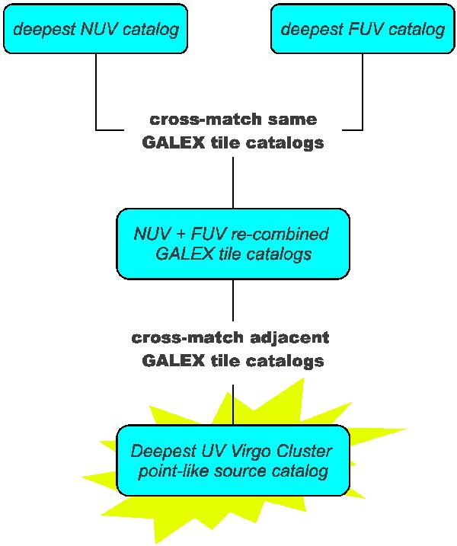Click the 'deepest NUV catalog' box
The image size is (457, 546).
[95, 29]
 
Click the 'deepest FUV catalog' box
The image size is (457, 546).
[363, 29]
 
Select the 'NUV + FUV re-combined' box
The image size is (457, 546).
[233, 243]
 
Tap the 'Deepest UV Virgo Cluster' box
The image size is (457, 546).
[233, 460]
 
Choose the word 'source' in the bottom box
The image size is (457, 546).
[233, 471]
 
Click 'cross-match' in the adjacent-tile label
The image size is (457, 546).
[181, 337]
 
